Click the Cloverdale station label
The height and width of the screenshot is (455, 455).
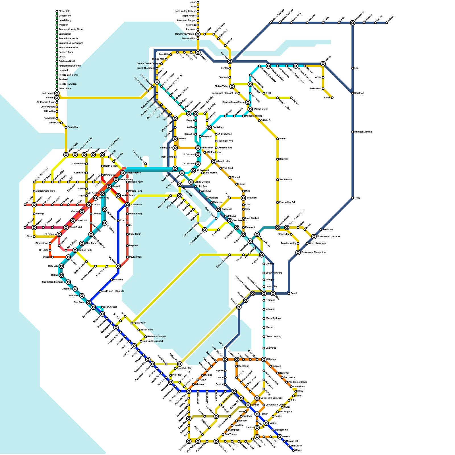point(65,11)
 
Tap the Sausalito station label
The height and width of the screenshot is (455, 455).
point(73,127)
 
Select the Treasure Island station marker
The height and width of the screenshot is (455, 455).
point(146,164)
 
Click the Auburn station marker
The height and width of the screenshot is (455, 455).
point(387,23)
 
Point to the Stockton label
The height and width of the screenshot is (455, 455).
point(359,93)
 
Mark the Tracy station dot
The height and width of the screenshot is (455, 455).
point(353,198)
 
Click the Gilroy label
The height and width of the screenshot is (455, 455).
point(298,450)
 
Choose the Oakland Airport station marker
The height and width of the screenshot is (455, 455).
point(205,230)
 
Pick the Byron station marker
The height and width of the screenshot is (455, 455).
point(332,98)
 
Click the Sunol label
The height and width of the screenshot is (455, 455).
point(294,293)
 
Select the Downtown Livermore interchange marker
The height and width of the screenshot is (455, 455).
point(314,237)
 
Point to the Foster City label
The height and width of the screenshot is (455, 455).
point(140,323)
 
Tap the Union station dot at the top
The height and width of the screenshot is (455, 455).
point(198,2)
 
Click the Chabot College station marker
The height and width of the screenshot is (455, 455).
point(230,255)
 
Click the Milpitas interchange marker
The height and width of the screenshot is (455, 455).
point(264,359)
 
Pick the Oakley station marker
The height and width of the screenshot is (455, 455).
point(323,64)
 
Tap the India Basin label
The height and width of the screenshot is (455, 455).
point(135,234)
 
